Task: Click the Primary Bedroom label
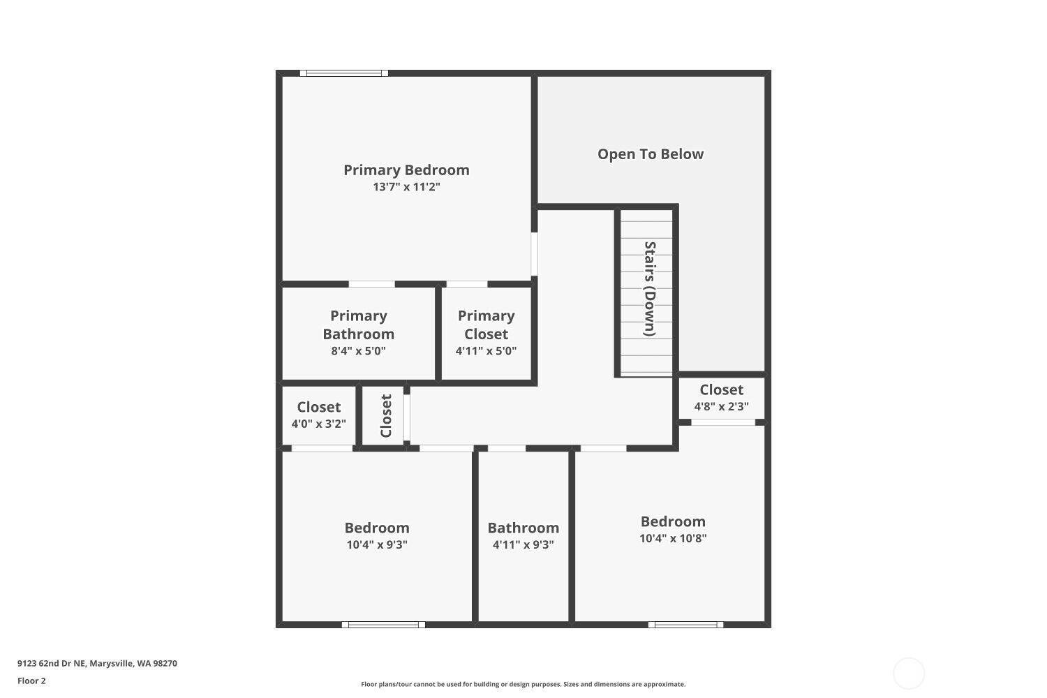pyautogui.click(x=406, y=170)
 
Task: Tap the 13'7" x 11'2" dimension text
pyautogui.click(x=406, y=187)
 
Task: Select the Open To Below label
pyautogui.click(x=651, y=154)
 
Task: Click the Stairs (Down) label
pyautogui.click(x=650, y=289)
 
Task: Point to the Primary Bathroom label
pyautogui.click(x=359, y=325)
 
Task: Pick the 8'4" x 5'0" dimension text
pyautogui.click(x=359, y=351)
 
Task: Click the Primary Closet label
pyautogui.click(x=487, y=325)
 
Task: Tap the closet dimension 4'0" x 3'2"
pyautogui.click(x=319, y=424)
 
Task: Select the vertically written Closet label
pyautogui.click(x=386, y=416)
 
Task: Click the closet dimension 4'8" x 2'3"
pyautogui.click(x=722, y=406)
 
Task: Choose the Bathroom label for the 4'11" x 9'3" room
pyautogui.click(x=523, y=528)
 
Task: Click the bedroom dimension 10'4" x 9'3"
pyautogui.click(x=377, y=544)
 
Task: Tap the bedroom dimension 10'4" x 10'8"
pyautogui.click(x=673, y=538)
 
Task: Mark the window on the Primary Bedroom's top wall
pyautogui.click(x=344, y=73)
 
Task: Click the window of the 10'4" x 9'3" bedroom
pyautogui.click(x=383, y=625)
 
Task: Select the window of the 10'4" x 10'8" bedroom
pyautogui.click(x=685, y=625)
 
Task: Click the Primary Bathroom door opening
pyautogui.click(x=371, y=284)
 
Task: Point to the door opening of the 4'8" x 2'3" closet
pyautogui.click(x=723, y=422)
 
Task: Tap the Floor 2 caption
pyautogui.click(x=31, y=681)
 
